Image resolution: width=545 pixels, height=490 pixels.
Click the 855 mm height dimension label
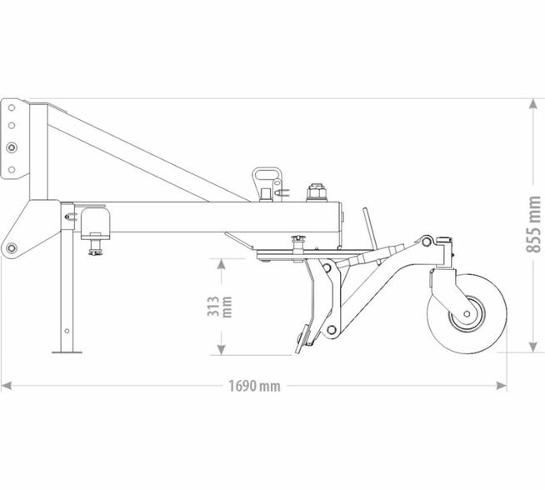click(x=534, y=223)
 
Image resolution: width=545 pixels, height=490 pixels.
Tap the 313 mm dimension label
click(x=213, y=307)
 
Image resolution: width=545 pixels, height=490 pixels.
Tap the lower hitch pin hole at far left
click(x=11, y=247)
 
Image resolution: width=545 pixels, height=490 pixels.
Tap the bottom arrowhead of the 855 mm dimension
click(x=533, y=347)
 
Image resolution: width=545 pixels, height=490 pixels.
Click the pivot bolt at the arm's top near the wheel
click(x=426, y=242)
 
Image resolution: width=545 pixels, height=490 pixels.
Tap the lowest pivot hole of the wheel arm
click(x=332, y=331)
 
